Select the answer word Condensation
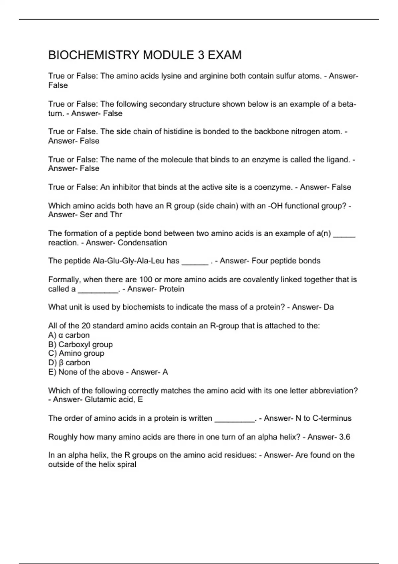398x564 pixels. [x=142, y=243]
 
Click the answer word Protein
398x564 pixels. [x=172, y=289]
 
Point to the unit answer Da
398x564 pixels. [x=328, y=307]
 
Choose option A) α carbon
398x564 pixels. [x=69, y=335]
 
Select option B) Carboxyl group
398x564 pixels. [x=81, y=344]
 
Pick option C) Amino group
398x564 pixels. [x=76, y=353]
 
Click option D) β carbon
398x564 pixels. [x=69, y=363]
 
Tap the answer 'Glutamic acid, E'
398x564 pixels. [x=114, y=399]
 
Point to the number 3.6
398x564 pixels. [x=344, y=437]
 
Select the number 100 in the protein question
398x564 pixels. [x=146, y=280]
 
